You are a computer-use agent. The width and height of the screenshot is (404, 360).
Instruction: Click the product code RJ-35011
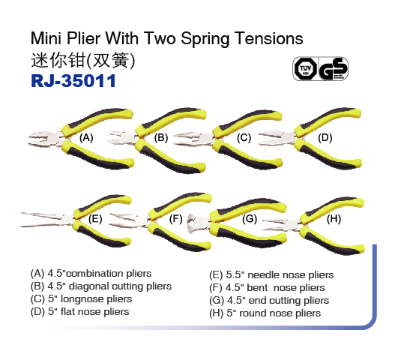coord(73,81)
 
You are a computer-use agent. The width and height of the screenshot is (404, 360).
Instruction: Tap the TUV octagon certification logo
coord(306,68)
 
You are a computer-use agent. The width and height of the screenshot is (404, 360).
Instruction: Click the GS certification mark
coord(334,69)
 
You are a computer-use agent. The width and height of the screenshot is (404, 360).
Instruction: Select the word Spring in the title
coord(205,39)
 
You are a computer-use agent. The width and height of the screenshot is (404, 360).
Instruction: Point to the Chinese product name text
coord(82,61)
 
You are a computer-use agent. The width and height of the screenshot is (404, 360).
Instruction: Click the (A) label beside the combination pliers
coord(86,138)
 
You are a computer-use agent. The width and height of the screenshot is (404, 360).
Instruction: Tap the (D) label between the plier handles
coord(325,138)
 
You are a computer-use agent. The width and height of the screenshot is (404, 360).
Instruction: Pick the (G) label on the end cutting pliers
coord(250,219)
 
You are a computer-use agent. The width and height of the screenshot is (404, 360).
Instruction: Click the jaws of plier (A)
coord(43,139)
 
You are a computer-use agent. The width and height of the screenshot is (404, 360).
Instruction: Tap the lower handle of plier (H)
coord(331,240)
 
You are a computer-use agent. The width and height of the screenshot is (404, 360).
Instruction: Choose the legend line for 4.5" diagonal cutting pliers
coord(101,286)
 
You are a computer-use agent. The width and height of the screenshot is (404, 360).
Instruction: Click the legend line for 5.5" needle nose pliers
coord(271,275)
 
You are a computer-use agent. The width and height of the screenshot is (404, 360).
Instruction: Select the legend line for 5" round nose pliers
coord(265,313)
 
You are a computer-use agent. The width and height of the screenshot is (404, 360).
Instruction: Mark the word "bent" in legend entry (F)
coord(257,287)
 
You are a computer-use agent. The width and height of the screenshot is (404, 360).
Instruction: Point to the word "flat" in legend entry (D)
coord(67,311)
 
